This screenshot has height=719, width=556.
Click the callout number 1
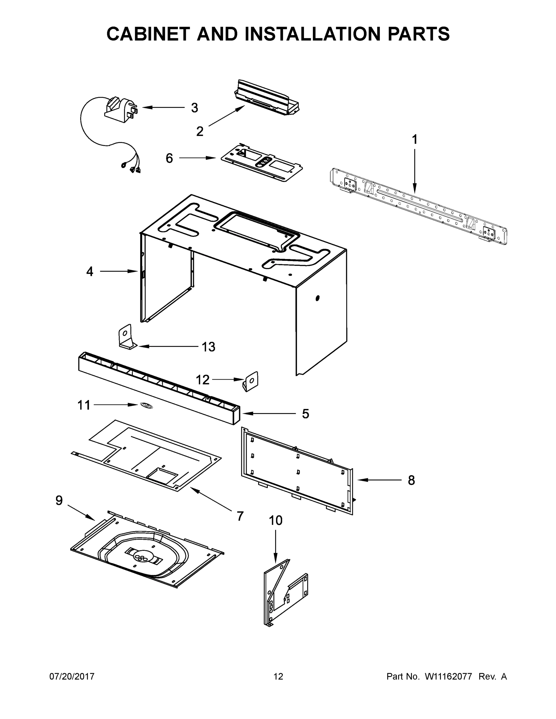tap(415, 140)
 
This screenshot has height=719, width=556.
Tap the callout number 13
tap(208, 347)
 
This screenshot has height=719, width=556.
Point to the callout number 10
tap(276, 520)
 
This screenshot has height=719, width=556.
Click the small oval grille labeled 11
tap(146, 406)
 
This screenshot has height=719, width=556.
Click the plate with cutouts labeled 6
tap(262, 163)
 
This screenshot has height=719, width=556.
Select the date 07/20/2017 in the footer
tap(72, 676)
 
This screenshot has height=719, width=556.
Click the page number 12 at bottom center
tap(278, 676)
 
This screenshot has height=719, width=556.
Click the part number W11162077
tap(448, 676)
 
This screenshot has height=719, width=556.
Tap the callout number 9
tap(59, 500)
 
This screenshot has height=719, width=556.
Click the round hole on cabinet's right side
tap(317, 298)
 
